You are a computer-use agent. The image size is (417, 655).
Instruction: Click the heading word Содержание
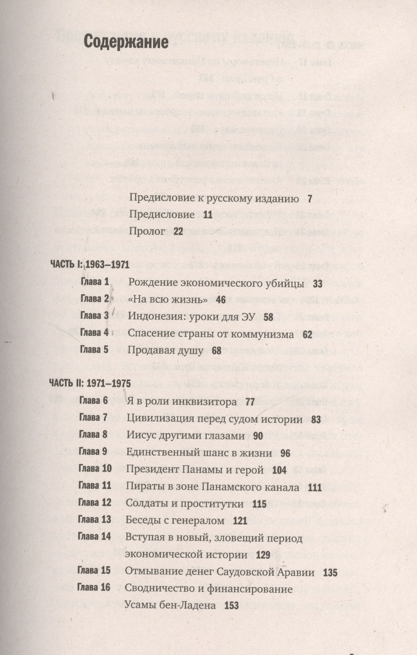[126, 42]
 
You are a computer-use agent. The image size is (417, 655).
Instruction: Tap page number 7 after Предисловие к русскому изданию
[310, 199]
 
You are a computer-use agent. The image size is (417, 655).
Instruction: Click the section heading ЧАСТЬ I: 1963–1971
[90, 265]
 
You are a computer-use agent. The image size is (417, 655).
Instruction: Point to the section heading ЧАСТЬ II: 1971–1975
[89, 383]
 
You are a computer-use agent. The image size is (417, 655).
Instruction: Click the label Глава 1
[94, 282]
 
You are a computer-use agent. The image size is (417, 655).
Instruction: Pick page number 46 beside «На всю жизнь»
[221, 300]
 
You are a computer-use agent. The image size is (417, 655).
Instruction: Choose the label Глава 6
[93, 401]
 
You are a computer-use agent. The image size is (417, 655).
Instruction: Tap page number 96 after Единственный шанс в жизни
[285, 453]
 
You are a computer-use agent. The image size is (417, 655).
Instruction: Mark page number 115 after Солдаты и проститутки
[259, 504]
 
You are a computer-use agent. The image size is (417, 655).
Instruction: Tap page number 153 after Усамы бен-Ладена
[231, 606]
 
